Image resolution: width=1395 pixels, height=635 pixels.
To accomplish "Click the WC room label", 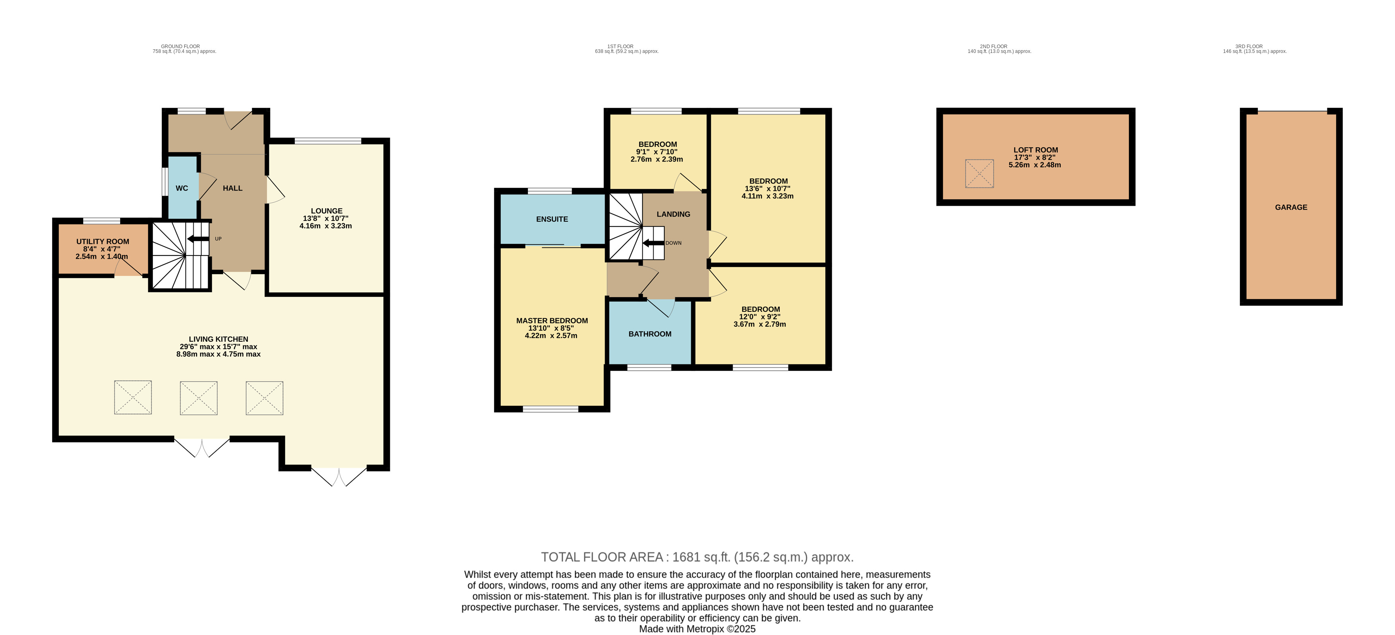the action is pos(182,189).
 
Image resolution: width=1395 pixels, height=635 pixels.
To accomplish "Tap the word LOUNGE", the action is pos(327,211).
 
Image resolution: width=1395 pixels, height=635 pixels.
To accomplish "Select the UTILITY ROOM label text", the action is pos(103,242).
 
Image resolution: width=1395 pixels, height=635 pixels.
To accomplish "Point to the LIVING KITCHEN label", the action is pos(218,339).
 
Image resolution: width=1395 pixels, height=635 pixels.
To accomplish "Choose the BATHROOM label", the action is pos(650,334).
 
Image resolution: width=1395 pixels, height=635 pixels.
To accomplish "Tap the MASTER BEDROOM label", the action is pos(552,321).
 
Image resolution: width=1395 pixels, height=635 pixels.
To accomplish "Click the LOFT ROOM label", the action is pos(1035,150).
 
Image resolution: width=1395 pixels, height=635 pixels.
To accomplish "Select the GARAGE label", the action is pos(1291,208).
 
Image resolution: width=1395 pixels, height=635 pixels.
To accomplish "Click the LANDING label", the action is pos(673,214).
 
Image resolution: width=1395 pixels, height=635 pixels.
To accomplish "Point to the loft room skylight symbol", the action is pos(979,173).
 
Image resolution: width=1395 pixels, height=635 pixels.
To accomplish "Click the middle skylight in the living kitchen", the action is pos(199,398).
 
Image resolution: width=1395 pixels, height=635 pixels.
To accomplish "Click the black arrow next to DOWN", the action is pos(653,243).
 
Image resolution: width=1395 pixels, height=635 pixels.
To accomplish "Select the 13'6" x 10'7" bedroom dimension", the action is pos(767,189).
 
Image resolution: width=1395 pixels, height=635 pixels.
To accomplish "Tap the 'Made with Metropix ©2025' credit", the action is pos(697,629).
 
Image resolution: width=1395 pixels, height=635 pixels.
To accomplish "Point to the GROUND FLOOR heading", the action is pos(180,47).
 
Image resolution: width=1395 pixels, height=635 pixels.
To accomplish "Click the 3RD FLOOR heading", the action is pos(1249,47).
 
